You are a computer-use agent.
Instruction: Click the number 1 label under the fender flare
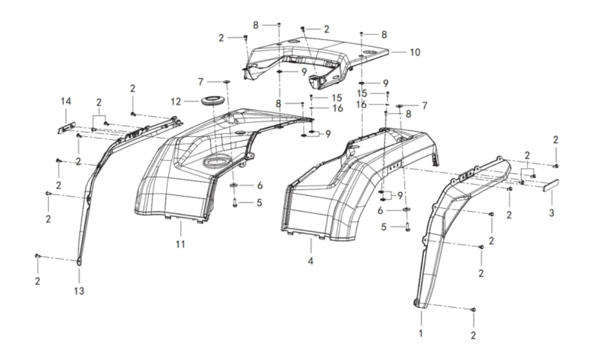421,332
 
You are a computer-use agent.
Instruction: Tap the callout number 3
551,213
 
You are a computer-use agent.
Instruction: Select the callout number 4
311,262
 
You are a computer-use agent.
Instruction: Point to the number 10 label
415,52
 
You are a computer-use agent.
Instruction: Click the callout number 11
180,244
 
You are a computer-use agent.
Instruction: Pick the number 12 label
175,101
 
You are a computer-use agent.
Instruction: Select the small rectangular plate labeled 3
552,184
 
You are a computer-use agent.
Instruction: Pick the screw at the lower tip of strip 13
38,256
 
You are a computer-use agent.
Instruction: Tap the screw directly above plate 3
556,165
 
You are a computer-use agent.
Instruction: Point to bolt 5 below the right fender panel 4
407,227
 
